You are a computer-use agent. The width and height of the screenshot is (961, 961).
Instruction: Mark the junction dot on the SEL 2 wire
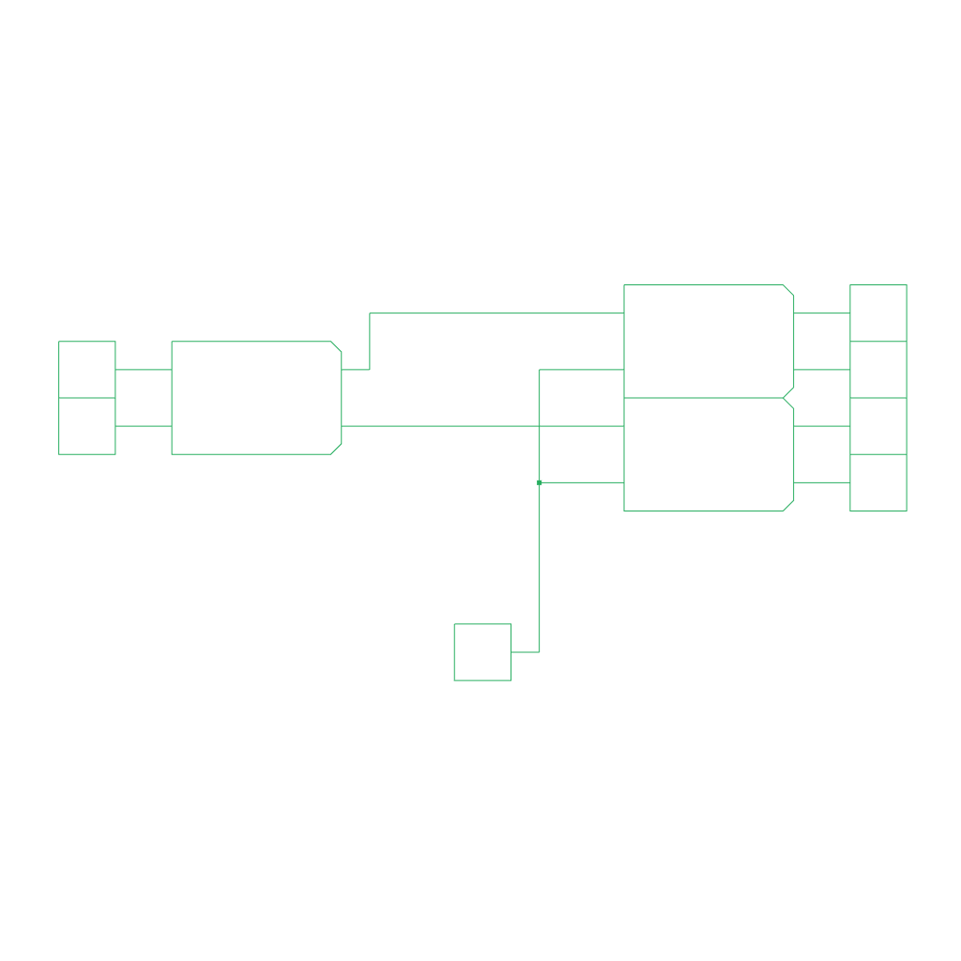540,482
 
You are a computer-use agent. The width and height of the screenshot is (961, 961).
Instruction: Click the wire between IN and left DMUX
144,370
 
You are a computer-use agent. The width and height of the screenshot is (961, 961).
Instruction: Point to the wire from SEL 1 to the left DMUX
144,426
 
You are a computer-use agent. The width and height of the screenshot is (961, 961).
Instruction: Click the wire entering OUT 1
822,313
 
